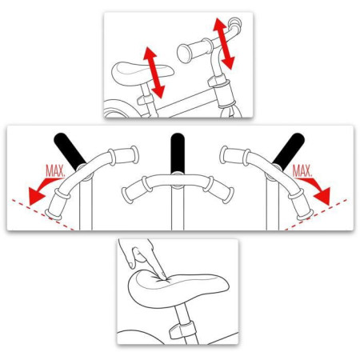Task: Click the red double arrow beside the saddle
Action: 154,73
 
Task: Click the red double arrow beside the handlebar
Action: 223,43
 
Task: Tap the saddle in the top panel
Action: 142,74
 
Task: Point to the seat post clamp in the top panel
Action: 146,99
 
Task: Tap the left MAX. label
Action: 55,171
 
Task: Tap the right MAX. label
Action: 302,171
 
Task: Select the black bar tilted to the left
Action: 70,151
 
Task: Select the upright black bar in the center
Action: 178,153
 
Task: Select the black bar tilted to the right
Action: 289,151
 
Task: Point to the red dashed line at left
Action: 43,214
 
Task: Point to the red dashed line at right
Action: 316,214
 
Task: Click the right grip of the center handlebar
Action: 219,190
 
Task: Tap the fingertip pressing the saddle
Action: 162,274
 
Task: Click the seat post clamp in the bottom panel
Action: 182,330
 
